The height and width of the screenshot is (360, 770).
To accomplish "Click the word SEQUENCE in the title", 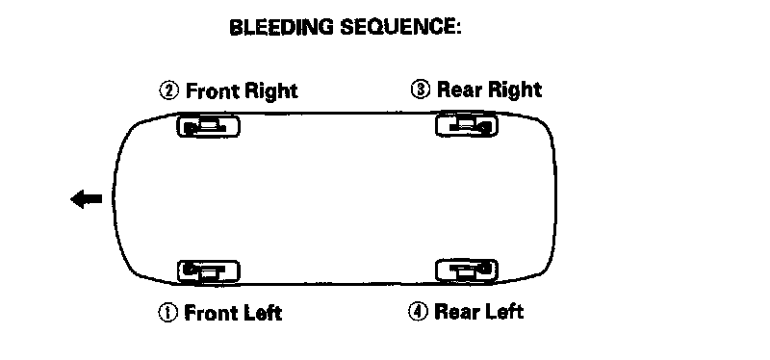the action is [x=397, y=27].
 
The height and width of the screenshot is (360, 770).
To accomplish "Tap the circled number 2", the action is [x=169, y=90].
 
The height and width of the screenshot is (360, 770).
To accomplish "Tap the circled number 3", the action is [x=421, y=90].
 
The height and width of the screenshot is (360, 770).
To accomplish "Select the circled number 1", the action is [x=167, y=313].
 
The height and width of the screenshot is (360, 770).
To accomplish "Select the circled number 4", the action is [x=418, y=311].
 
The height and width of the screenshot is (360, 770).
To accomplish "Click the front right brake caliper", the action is [x=208, y=126].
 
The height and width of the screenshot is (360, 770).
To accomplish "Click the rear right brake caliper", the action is [x=467, y=125].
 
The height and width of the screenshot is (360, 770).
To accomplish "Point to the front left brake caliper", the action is [x=208, y=270].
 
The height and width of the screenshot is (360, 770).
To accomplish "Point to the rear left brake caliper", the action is [x=467, y=270].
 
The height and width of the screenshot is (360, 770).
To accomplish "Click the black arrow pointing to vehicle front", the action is [x=87, y=199].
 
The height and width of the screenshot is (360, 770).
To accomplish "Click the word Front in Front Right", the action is [x=212, y=91].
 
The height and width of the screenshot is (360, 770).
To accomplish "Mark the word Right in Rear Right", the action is [x=514, y=90].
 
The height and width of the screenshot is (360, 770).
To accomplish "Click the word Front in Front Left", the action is [x=210, y=313].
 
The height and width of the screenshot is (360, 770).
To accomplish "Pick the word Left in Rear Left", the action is [x=503, y=311].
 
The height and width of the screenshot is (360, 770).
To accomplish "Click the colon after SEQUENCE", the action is [x=458, y=29].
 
